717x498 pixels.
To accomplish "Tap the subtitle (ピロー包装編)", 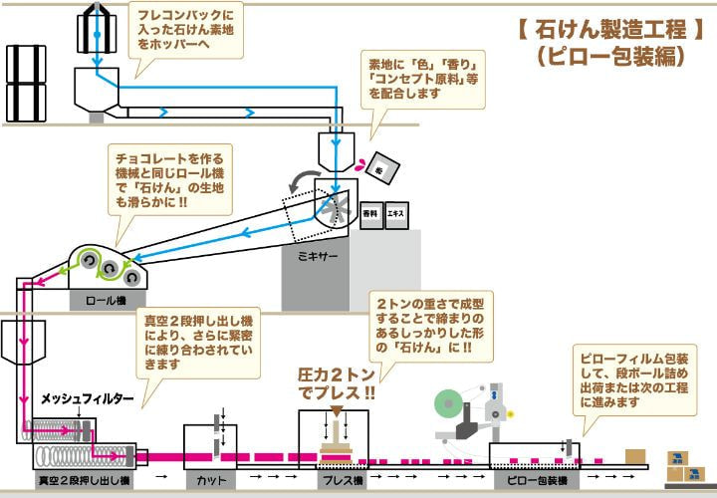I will pyautogui.click(x=609, y=57).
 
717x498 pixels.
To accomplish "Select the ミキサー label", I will pyautogui.click(x=319, y=256).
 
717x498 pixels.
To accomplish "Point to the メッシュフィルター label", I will pyautogui.click(x=88, y=399).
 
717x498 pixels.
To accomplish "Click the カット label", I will pyautogui.click(x=209, y=480).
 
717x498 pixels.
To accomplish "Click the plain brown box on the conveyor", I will pyautogui.click(x=635, y=456).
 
